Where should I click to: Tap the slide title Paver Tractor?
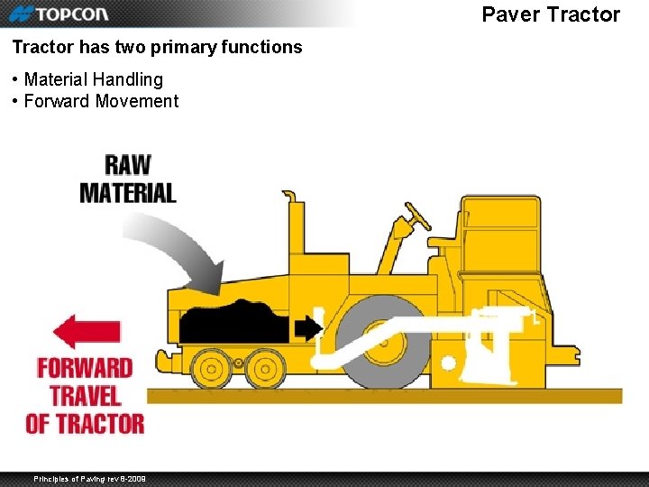pos(551,14)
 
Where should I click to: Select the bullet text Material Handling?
pos(94,79)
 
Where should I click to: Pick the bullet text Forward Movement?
pos(101,101)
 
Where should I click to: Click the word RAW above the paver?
pos(128,165)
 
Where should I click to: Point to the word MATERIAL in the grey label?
pos(128,192)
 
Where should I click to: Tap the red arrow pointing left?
pos(87,332)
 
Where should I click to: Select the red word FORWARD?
pos(85,368)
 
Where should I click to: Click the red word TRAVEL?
pos(85,395)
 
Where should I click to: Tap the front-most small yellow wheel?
pos(212,368)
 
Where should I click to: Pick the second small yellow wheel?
pos(264,368)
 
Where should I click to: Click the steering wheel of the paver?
pos(417,216)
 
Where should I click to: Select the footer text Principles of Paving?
pos(89,478)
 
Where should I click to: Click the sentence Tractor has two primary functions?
pos(157,47)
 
